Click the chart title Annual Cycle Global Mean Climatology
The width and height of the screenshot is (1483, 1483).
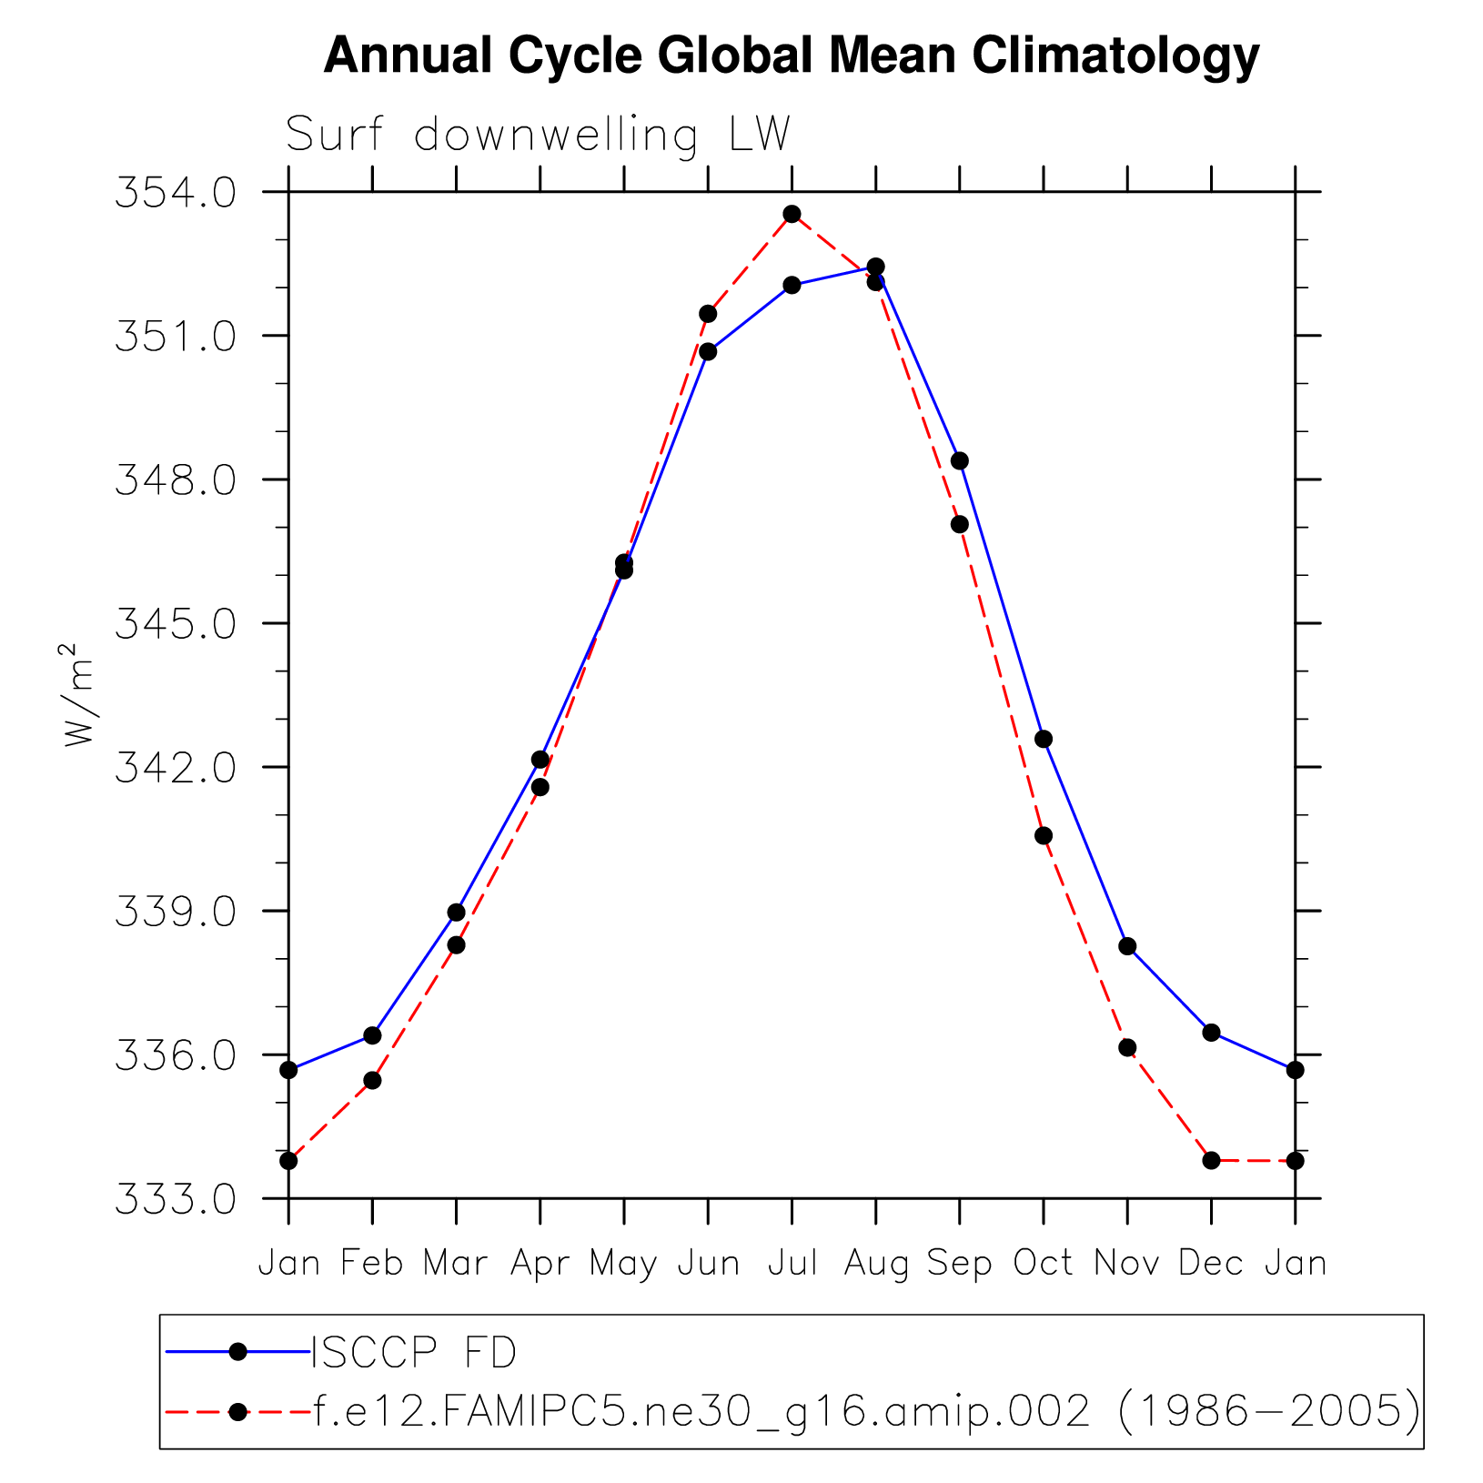click(x=791, y=55)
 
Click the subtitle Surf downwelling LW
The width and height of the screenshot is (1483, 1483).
click(x=538, y=135)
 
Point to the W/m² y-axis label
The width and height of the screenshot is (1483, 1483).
click(x=78, y=695)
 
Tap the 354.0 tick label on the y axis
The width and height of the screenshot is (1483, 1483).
click(x=175, y=193)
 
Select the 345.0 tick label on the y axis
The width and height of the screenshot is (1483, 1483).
click(x=175, y=624)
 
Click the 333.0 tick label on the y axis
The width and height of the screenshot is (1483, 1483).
click(x=175, y=1199)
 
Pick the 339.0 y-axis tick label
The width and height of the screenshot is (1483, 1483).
click(x=175, y=912)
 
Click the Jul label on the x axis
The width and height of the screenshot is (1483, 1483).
click(x=792, y=1263)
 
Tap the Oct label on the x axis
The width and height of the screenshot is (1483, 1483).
click(x=1043, y=1263)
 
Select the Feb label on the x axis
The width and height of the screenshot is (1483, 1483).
click(x=372, y=1263)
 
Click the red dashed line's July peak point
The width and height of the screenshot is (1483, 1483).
click(x=792, y=214)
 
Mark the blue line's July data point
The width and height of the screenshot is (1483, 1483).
click(x=792, y=285)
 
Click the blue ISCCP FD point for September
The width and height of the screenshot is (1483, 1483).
click(x=959, y=460)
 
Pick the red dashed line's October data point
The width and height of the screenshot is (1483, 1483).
click(x=1044, y=835)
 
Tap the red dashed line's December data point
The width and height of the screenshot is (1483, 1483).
click(x=1211, y=1160)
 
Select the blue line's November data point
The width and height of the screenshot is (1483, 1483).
click(x=1127, y=946)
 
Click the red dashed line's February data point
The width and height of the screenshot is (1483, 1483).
click(x=372, y=1080)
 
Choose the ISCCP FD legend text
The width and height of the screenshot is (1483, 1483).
click(x=414, y=1353)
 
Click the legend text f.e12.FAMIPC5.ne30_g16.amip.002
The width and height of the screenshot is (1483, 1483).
click(x=701, y=1411)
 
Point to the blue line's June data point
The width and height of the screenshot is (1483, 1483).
click(x=708, y=351)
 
